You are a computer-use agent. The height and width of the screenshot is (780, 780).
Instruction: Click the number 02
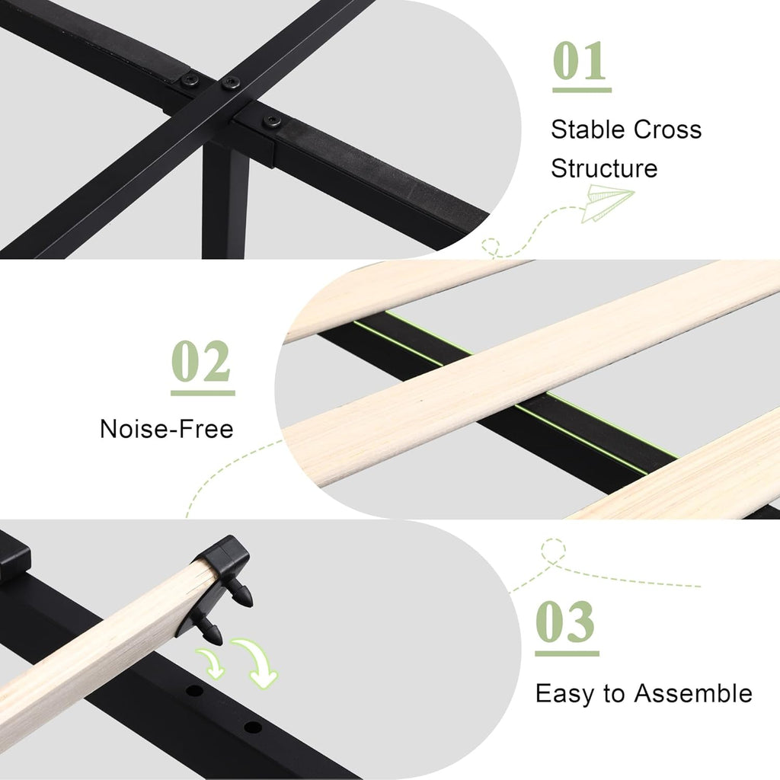coord(201,361)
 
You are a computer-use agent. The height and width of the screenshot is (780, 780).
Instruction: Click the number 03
coord(565,622)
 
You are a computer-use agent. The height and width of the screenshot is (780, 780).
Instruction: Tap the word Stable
coord(588,129)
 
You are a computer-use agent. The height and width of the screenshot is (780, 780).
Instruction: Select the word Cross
coord(667,129)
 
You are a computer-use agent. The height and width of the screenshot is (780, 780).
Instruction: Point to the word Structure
coord(604,168)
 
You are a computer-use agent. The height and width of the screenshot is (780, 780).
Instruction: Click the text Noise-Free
coord(167,429)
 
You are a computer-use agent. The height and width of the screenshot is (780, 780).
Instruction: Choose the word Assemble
coord(693,693)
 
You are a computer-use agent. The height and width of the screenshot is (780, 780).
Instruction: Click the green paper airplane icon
coord(608,203)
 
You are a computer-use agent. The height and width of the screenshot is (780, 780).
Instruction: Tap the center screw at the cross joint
coord(230,83)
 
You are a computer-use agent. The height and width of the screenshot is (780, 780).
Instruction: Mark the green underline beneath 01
coord(582,90)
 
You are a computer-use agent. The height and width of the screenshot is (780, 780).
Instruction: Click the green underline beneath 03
coord(567,653)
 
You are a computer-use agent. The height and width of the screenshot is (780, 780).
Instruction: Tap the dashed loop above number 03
coord(553,551)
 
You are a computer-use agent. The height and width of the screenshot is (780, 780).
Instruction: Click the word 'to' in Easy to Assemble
coord(614,693)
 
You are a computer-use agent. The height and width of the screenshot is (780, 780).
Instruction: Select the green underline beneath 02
coord(203,393)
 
